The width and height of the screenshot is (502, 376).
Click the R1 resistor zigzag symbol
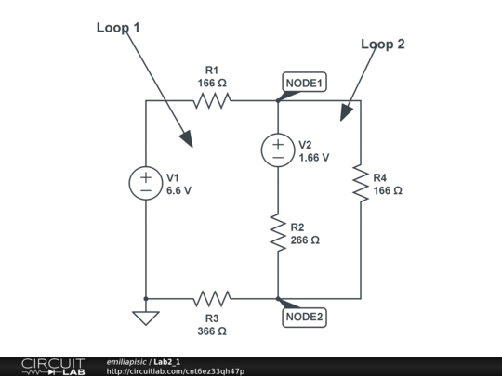212,100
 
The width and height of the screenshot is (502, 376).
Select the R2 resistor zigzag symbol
278,233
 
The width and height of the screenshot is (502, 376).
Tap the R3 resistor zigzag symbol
212,299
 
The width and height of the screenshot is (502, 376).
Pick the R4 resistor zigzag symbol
361,184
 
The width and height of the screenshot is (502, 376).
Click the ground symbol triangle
146,318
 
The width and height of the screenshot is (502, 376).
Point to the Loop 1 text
118,28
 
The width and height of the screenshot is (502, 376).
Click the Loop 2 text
383,45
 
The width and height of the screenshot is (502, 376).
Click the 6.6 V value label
178,190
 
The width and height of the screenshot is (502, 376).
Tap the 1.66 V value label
314,158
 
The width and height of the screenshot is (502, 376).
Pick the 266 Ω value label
305,240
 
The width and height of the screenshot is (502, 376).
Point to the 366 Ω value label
212,331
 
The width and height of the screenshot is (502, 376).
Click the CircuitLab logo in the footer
53,367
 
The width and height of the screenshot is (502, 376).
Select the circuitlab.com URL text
176,371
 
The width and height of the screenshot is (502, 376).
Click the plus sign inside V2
278,145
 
